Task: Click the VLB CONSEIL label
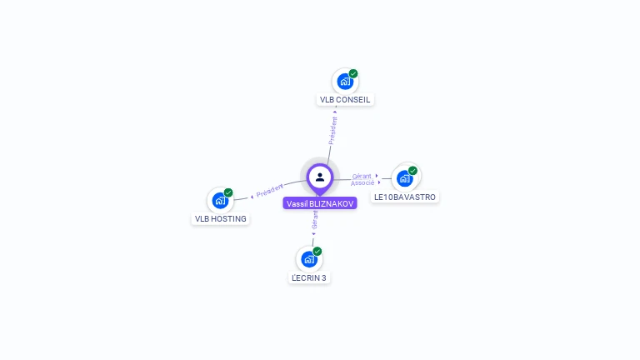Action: pos(345,100)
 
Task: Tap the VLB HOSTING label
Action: pos(221,219)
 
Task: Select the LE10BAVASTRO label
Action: pos(405,197)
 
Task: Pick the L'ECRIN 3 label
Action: pos(309,277)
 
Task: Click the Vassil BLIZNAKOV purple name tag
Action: pos(320,203)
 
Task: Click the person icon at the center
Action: pos(320,177)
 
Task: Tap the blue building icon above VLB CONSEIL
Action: pos(345,82)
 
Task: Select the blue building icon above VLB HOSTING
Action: pos(220,200)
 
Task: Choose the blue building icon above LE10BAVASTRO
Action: pos(404,177)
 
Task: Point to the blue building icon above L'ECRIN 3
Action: pos(309,259)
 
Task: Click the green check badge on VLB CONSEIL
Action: pos(353,73)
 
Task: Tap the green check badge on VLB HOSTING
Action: pos(228,192)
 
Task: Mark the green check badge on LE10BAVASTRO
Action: pos(412,170)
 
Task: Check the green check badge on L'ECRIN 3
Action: pos(317,251)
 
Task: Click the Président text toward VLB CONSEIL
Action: pos(332,131)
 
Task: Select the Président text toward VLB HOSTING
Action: pos(270,191)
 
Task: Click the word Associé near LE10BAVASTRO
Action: pos(362,182)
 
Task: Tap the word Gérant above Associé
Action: pos(362,176)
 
